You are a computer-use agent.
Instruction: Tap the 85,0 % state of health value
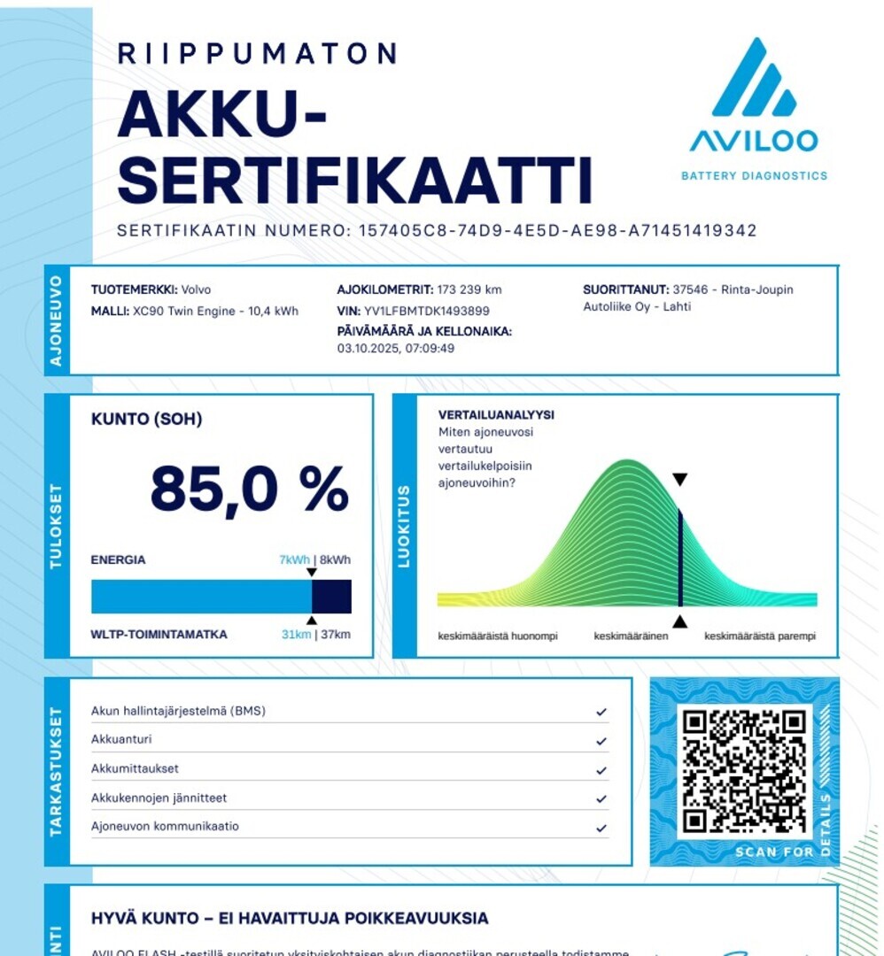[x=249, y=489]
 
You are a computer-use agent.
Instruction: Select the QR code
[x=745, y=771]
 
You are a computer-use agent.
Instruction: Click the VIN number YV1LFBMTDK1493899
[x=427, y=311]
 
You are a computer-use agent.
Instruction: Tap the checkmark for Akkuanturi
[x=601, y=741]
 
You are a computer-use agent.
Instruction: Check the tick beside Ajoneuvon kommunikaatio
[x=601, y=828]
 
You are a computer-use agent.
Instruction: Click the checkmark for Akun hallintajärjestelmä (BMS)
[x=601, y=712]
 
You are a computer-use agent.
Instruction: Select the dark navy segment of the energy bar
[x=331, y=597]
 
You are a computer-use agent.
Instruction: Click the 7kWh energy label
[x=294, y=559]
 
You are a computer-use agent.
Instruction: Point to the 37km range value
[x=336, y=635]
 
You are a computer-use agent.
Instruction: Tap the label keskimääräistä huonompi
[x=490, y=636]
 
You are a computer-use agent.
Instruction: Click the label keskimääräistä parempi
[x=759, y=636]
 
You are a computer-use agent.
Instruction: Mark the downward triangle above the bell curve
[x=679, y=480]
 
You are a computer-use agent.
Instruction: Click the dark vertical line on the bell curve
[x=679, y=558]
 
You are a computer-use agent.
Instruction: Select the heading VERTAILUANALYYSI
[x=496, y=414]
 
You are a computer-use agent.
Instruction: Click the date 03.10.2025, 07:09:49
[x=396, y=348]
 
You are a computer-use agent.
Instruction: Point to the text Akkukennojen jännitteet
[x=159, y=798]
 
